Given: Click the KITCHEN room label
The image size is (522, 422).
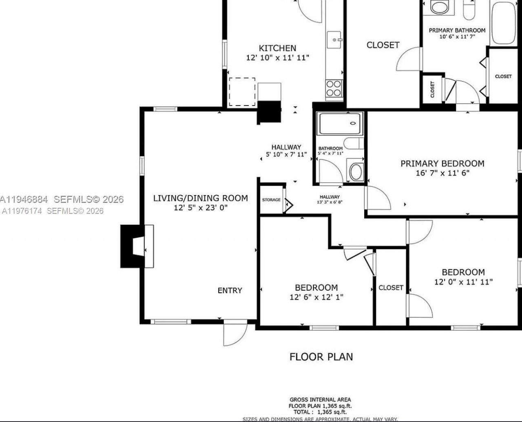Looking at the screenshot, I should coord(277,48).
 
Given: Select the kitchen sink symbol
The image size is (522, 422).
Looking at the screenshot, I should coord(334,40).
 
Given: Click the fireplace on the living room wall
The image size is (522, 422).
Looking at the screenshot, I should coord(137,246).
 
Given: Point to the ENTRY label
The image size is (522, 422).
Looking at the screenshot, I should coord(230,290).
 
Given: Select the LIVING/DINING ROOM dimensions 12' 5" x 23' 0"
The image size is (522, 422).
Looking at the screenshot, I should coord(200,208).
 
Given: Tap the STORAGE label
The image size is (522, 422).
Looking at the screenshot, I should coord(271,200).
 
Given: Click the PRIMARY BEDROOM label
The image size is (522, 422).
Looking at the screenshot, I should coord(442,163).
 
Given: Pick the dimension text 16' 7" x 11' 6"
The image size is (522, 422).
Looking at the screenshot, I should coord(442,173).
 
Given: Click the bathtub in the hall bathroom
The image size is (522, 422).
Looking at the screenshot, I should coord(340,123).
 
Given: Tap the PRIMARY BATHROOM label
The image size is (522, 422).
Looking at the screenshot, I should coord(457,30).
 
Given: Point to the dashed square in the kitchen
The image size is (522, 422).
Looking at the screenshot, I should coord(242,92).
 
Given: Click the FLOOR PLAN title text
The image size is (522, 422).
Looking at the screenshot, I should coord(321,357).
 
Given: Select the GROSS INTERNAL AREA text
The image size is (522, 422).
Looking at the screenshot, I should coord(320,400).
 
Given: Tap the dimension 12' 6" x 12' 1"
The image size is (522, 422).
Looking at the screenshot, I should coord(316,297).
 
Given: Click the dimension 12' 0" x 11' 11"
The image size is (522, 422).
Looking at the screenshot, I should coord(463,281).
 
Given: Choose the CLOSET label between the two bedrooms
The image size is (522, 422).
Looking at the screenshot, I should coord(391,288).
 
